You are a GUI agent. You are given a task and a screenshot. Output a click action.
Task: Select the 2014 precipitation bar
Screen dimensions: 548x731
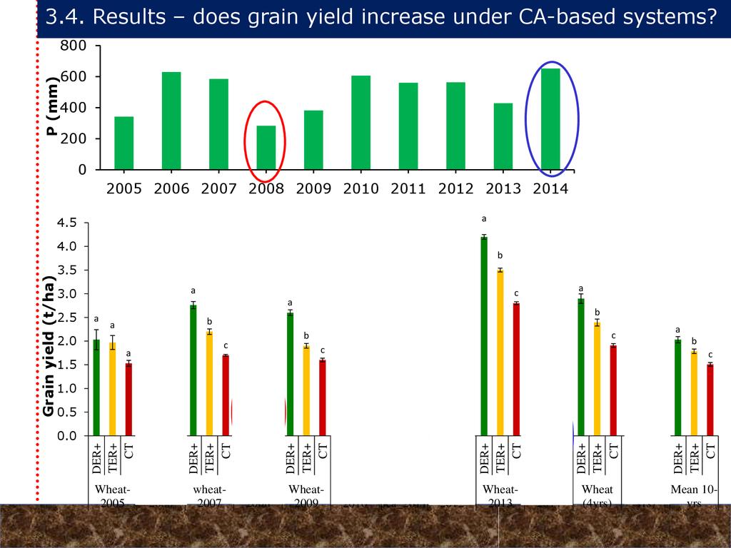pyautogui.click(x=551, y=119)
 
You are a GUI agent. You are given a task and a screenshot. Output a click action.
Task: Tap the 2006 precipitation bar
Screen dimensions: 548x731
pyautogui.click(x=171, y=121)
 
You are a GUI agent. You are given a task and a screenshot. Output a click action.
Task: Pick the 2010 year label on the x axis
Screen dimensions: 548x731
pyautogui.click(x=361, y=189)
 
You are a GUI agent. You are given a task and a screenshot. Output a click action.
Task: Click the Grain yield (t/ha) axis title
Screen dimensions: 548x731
pyautogui.click(x=49, y=347)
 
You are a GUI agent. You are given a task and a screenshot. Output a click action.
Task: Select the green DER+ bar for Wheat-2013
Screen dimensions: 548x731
pyautogui.click(x=484, y=335)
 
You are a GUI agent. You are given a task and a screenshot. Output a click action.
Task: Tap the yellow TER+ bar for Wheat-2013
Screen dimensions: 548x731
pyautogui.click(x=500, y=352)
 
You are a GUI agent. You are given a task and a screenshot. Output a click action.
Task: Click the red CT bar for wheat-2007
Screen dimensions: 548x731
pyautogui.click(x=226, y=395)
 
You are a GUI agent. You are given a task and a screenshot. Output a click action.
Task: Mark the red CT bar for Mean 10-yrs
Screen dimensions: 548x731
pyautogui.click(x=710, y=400)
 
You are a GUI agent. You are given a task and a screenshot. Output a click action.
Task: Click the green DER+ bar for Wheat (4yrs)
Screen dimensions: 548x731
pyautogui.click(x=581, y=367)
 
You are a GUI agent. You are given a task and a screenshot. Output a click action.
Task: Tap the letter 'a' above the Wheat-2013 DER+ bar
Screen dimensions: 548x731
pyautogui.click(x=484, y=219)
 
